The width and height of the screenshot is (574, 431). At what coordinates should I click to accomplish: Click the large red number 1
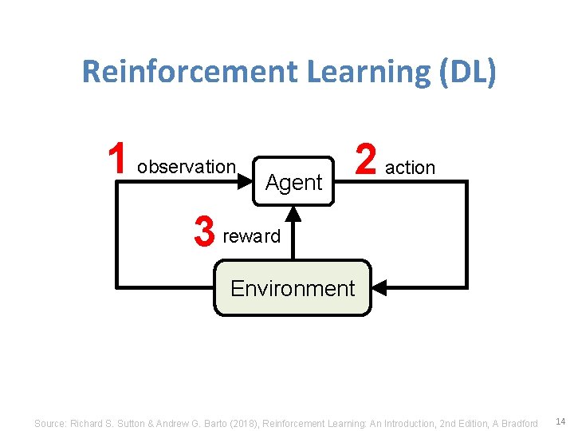coord(117,159)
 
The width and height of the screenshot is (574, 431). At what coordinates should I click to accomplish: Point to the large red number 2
coord(366,159)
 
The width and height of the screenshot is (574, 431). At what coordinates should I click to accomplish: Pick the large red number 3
coord(205,233)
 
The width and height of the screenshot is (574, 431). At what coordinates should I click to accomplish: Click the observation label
coord(186,167)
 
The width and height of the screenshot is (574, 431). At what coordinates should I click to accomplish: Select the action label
coord(410,168)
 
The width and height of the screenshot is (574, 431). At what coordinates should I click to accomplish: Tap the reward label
coord(252,236)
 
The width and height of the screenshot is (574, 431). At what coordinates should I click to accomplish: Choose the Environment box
coord(293,288)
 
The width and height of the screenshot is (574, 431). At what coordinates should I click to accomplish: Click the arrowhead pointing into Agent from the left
coord(245,182)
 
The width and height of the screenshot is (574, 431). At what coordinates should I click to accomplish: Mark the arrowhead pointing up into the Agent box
coord(293,213)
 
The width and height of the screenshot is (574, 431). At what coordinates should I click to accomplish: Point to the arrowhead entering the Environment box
coord(380,287)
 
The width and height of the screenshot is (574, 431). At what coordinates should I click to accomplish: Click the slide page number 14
coord(559,421)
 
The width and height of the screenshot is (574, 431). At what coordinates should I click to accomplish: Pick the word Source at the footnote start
coord(49,423)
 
